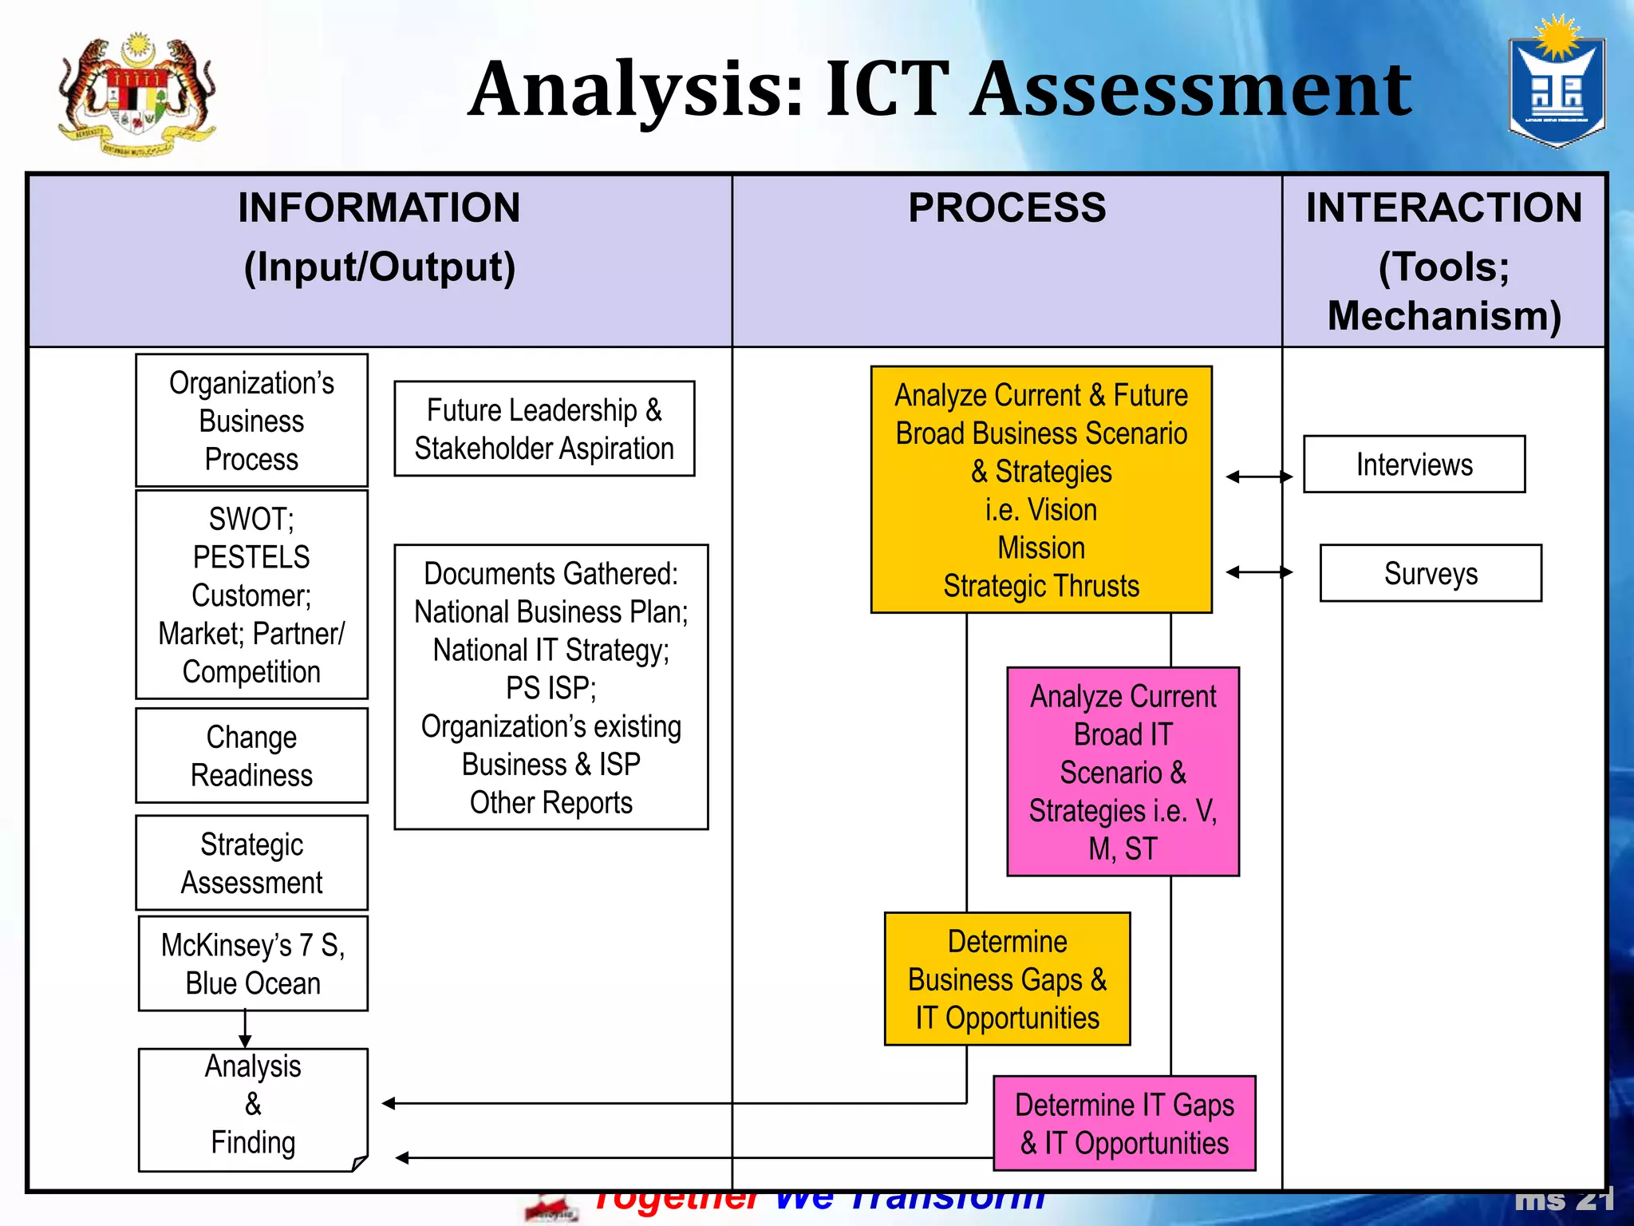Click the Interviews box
pos(1414,465)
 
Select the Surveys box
pos(1431,573)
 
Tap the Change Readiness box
pos(251,755)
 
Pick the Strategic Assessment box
pos(251,863)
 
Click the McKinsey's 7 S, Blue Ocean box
pos(253,963)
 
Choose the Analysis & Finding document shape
pos(253,1109)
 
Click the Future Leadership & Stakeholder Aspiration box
pos(544,429)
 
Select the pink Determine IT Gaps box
pos(1124,1124)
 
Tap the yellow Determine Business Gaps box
pos(1007,979)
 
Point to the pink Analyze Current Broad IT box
pos(1123,772)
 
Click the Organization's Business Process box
pos(251,421)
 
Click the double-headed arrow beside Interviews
pos(1259,477)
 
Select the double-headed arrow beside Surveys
pos(1259,571)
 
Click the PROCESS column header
pos(1007,208)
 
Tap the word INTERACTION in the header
pos(1443,208)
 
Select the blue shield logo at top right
pos(1556,86)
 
